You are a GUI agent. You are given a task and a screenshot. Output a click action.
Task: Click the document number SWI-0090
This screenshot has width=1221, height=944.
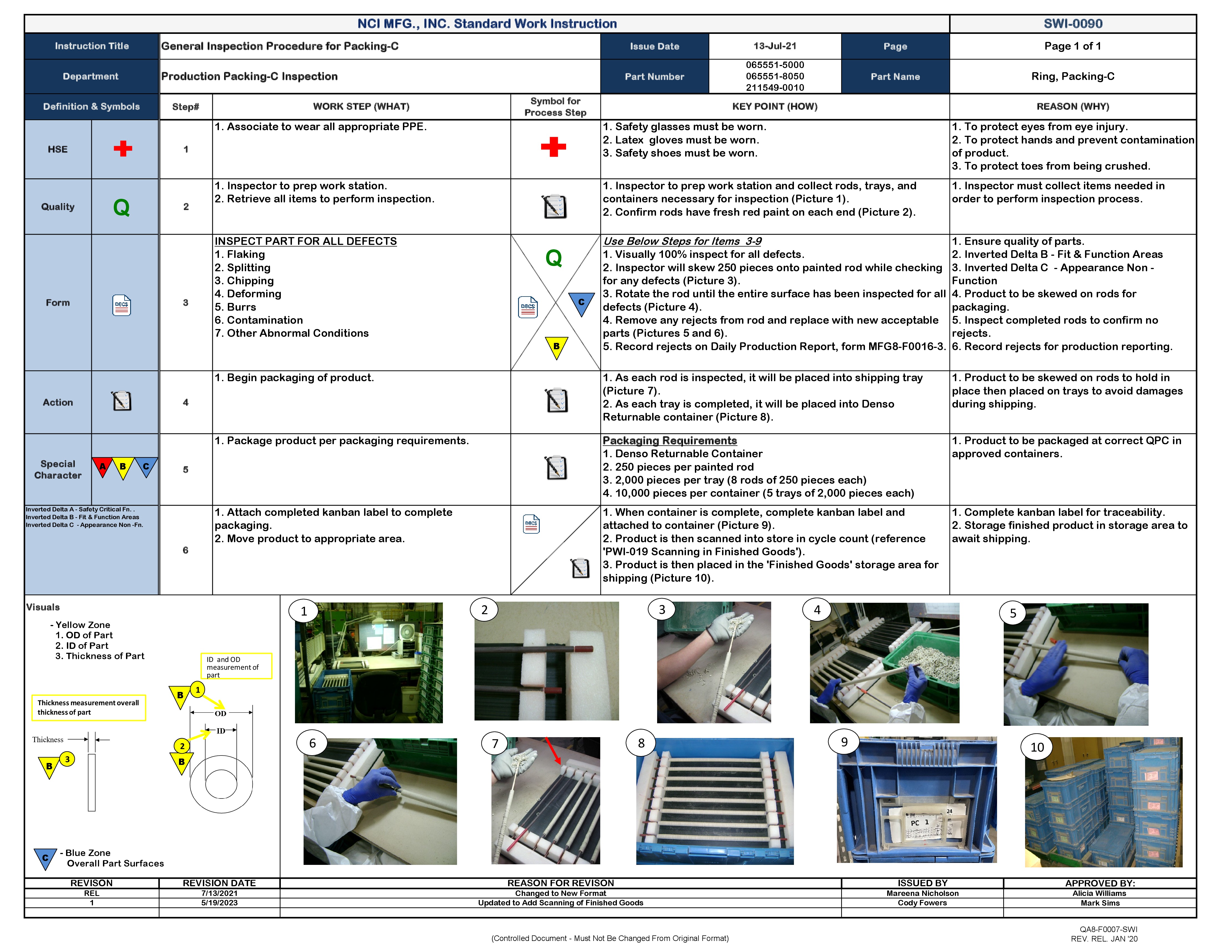coord(1072,24)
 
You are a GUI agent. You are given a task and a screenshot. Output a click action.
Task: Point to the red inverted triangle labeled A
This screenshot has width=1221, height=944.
coord(102,466)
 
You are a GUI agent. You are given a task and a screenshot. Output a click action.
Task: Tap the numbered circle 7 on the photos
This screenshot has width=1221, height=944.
coord(495,743)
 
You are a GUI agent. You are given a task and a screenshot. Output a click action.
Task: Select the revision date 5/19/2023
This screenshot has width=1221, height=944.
coord(219,903)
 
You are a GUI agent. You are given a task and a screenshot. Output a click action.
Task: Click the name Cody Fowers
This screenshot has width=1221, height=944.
coord(922,903)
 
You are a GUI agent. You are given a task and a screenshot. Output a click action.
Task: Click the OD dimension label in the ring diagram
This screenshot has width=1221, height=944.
coord(221,713)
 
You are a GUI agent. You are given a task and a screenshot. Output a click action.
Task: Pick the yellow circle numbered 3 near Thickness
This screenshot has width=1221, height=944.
coord(67,759)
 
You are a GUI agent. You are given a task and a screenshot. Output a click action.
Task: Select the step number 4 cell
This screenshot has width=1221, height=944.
coord(186,402)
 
